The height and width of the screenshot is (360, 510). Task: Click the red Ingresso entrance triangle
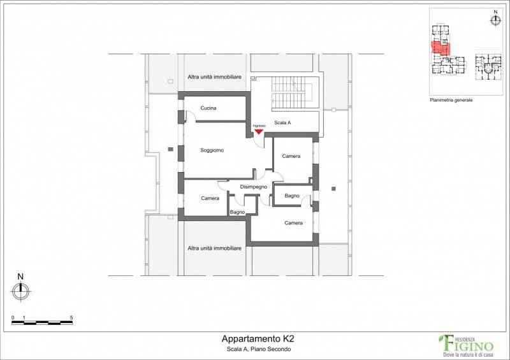click(259, 132)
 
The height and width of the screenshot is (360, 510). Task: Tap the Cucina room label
click(208, 108)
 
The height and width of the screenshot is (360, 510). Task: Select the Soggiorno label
click(212, 150)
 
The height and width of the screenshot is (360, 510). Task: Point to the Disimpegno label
click(254, 187)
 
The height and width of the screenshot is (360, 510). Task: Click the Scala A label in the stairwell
click(282, 122)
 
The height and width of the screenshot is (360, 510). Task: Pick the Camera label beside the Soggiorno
click(291, 156)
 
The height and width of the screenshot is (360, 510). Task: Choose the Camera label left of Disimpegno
click(210, 198)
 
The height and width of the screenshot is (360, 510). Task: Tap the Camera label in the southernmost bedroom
click(293, 223)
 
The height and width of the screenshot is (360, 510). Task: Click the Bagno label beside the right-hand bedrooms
click(292, 196)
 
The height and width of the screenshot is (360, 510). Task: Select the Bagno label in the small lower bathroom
click(237, 212)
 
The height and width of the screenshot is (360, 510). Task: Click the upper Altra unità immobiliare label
click(214, 77)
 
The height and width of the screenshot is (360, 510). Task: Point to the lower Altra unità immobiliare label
click(214, 248)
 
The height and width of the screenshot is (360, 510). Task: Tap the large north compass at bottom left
click(20, 291)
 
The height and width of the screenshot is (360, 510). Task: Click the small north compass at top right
click(495, 20)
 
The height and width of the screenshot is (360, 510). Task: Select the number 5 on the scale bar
click(71, 318)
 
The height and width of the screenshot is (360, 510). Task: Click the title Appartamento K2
click(258, 339)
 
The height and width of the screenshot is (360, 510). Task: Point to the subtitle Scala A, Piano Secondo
click(259, 350)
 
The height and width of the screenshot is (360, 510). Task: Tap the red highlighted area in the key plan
click(441, 48)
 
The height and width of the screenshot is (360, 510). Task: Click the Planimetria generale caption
click(451, 100)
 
